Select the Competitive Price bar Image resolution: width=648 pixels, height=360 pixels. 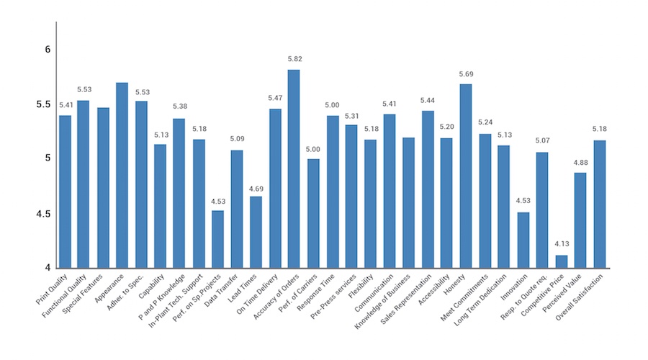(x=562, y=261)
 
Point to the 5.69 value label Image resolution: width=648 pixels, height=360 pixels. (x=466, y=74)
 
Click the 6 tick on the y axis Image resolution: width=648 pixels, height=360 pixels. (x=47, y=50)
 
